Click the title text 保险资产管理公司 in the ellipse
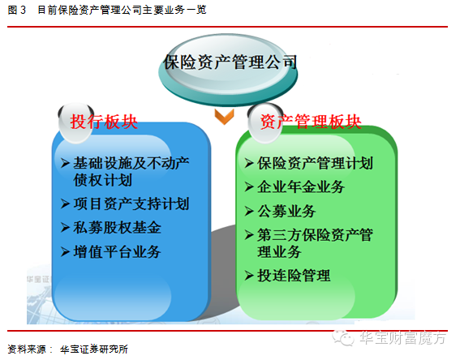point(230,62)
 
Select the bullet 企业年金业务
point(301,187)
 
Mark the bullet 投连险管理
point(294,276)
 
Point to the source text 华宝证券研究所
point(94,349)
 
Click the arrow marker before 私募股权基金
point(66,227)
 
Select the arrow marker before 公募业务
point(250,212)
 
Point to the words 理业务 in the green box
point(281,251)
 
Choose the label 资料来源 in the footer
point(24,349)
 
